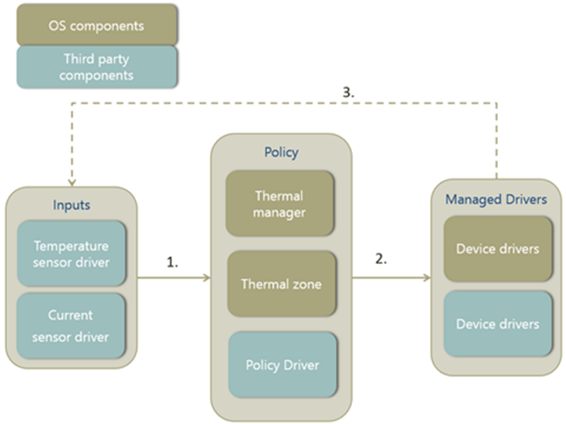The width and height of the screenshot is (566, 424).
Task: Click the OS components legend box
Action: click(x=96, y=25)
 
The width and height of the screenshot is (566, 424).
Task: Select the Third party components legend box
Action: click(x=96, y=67)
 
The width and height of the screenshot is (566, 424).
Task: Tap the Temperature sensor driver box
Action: click(x=71, y=254)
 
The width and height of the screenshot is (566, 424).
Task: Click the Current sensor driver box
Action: click(x=71, y=324)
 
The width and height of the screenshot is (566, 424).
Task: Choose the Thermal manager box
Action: click(x=279, y=204)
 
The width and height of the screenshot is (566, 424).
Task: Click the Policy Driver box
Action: click(x=282, y=365)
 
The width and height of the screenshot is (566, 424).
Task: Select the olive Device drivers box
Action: click(x=497, y=249)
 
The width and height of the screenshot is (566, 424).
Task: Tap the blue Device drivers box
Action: click(x=497, y=324)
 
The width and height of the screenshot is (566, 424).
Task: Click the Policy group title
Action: click(x=281, y=152)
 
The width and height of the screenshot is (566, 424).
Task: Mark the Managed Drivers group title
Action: click(x=497, y=199)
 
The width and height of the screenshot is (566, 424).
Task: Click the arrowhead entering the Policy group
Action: click(x=207, y=278)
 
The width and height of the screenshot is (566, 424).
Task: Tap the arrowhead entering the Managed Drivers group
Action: click(x=427, y=278)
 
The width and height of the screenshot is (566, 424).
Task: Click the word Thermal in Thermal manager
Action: click(x=279, y=196)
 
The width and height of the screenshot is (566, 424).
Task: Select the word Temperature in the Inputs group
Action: click(x=71, y=246)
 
